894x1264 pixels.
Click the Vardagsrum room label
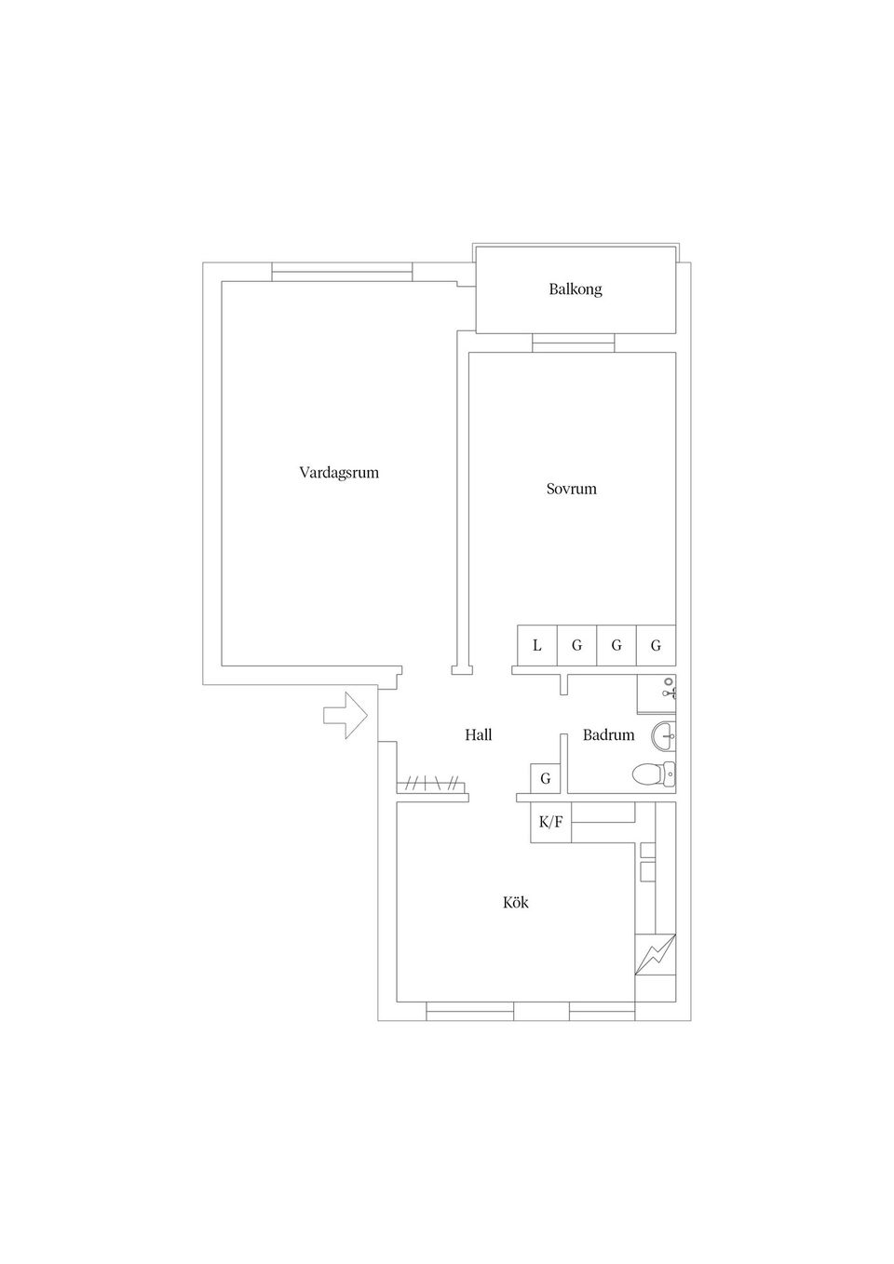point(339,473)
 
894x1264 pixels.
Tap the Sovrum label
point(571,489)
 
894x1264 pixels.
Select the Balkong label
point(576,289)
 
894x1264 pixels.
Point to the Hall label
point(478,734)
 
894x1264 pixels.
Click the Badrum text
point(608,734)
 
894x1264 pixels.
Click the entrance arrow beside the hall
point(345,716)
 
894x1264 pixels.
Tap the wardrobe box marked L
point(537,645)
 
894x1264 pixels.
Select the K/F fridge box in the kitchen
point(550,822)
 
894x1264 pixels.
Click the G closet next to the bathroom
point(545,778)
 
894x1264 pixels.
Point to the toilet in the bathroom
point(654,773)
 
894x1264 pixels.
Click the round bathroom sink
point(663,736)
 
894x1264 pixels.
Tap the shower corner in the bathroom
point(656,693)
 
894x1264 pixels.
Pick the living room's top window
point(342,272)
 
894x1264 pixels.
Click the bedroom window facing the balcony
point(573,343)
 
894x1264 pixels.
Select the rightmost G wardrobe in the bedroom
point(656,645)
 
